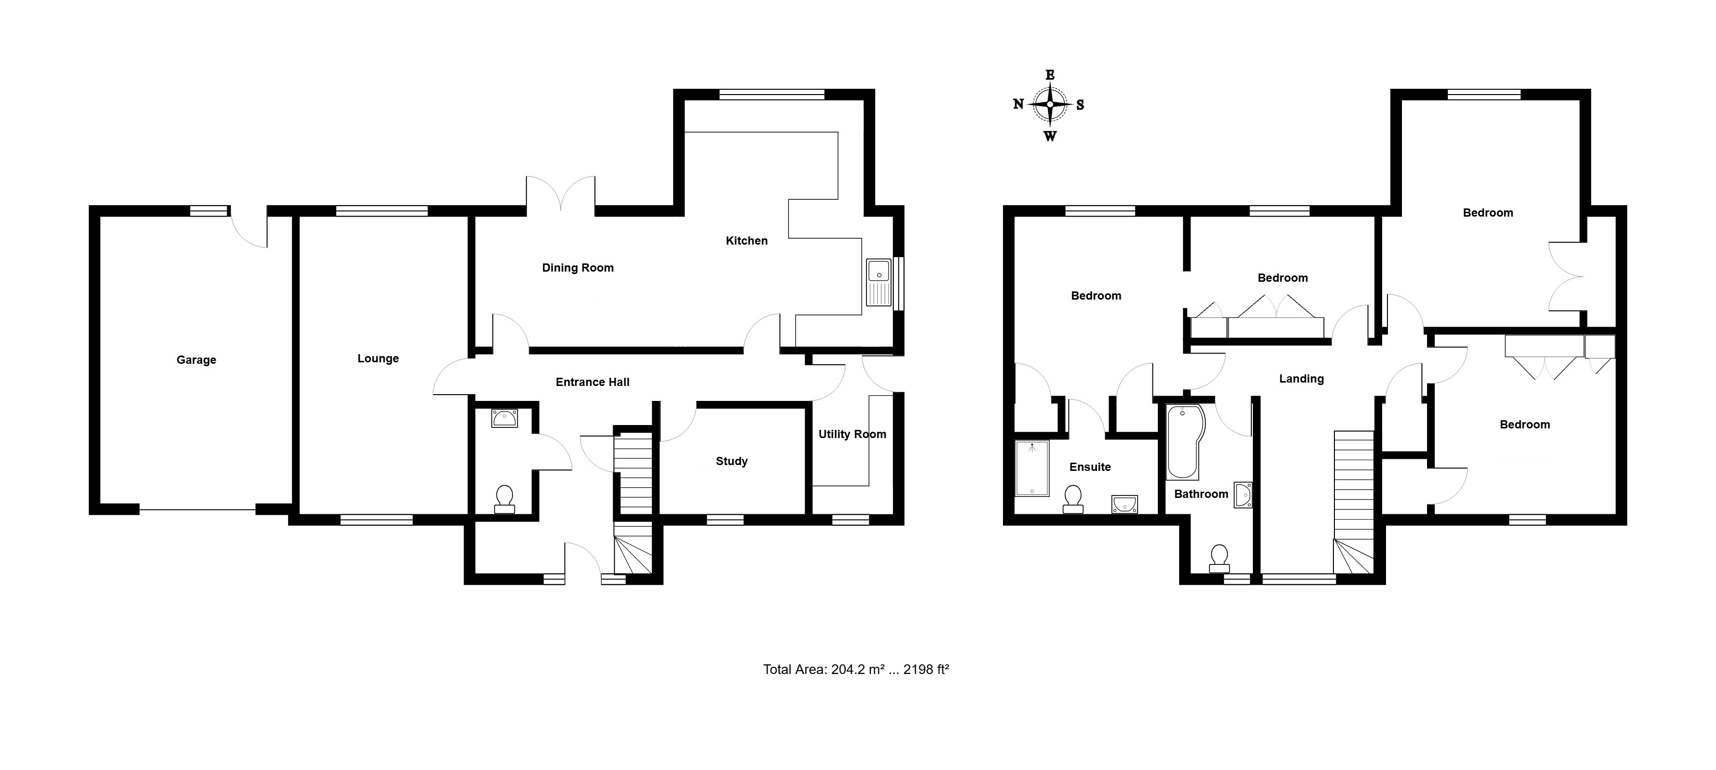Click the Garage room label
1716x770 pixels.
click(196, 360)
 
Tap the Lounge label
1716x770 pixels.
click(378, 358)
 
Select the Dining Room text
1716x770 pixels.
click(577, 268)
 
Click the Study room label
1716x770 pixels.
click(731, 461)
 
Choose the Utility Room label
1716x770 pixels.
click(852, 434)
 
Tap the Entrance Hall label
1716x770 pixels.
click(592, 382)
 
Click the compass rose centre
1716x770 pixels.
click(1050, 105)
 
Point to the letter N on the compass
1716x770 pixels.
click(1018, 104)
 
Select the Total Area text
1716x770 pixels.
click(856, 670)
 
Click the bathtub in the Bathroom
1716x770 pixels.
click(1186, 441)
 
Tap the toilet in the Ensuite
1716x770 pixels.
click(1072, 499)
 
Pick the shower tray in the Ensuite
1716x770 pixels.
click(1032, 468)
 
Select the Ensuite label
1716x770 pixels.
click(1090, 467)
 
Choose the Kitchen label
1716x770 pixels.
click(746, 240)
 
